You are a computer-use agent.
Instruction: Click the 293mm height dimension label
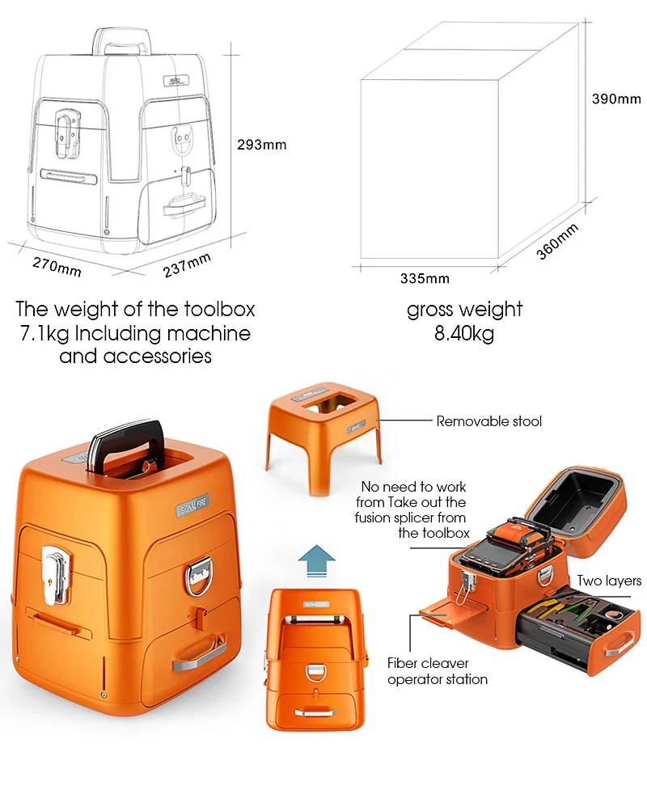click(261, 146)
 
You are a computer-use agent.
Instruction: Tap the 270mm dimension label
click(57, 265)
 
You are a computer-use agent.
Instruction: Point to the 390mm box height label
click(616, 99)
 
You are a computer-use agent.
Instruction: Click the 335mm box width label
click(425, 279)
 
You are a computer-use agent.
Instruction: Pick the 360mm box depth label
click(558, 241)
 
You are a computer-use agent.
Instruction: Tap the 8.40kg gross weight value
click(464, 333)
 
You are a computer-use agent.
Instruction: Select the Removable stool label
click(488, 421)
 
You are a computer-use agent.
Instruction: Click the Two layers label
click(609, 581)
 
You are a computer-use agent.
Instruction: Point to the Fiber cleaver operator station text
click(437, 671)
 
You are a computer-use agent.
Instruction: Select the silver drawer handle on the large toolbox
click(199, 652)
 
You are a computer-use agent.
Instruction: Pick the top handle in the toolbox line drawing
click(120, 40)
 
